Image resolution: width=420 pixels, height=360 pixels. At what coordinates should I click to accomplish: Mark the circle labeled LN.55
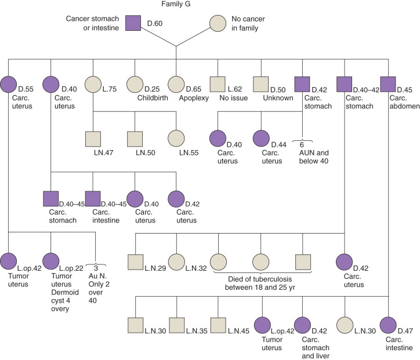176,139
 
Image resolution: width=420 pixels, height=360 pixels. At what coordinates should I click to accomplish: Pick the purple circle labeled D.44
261,139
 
